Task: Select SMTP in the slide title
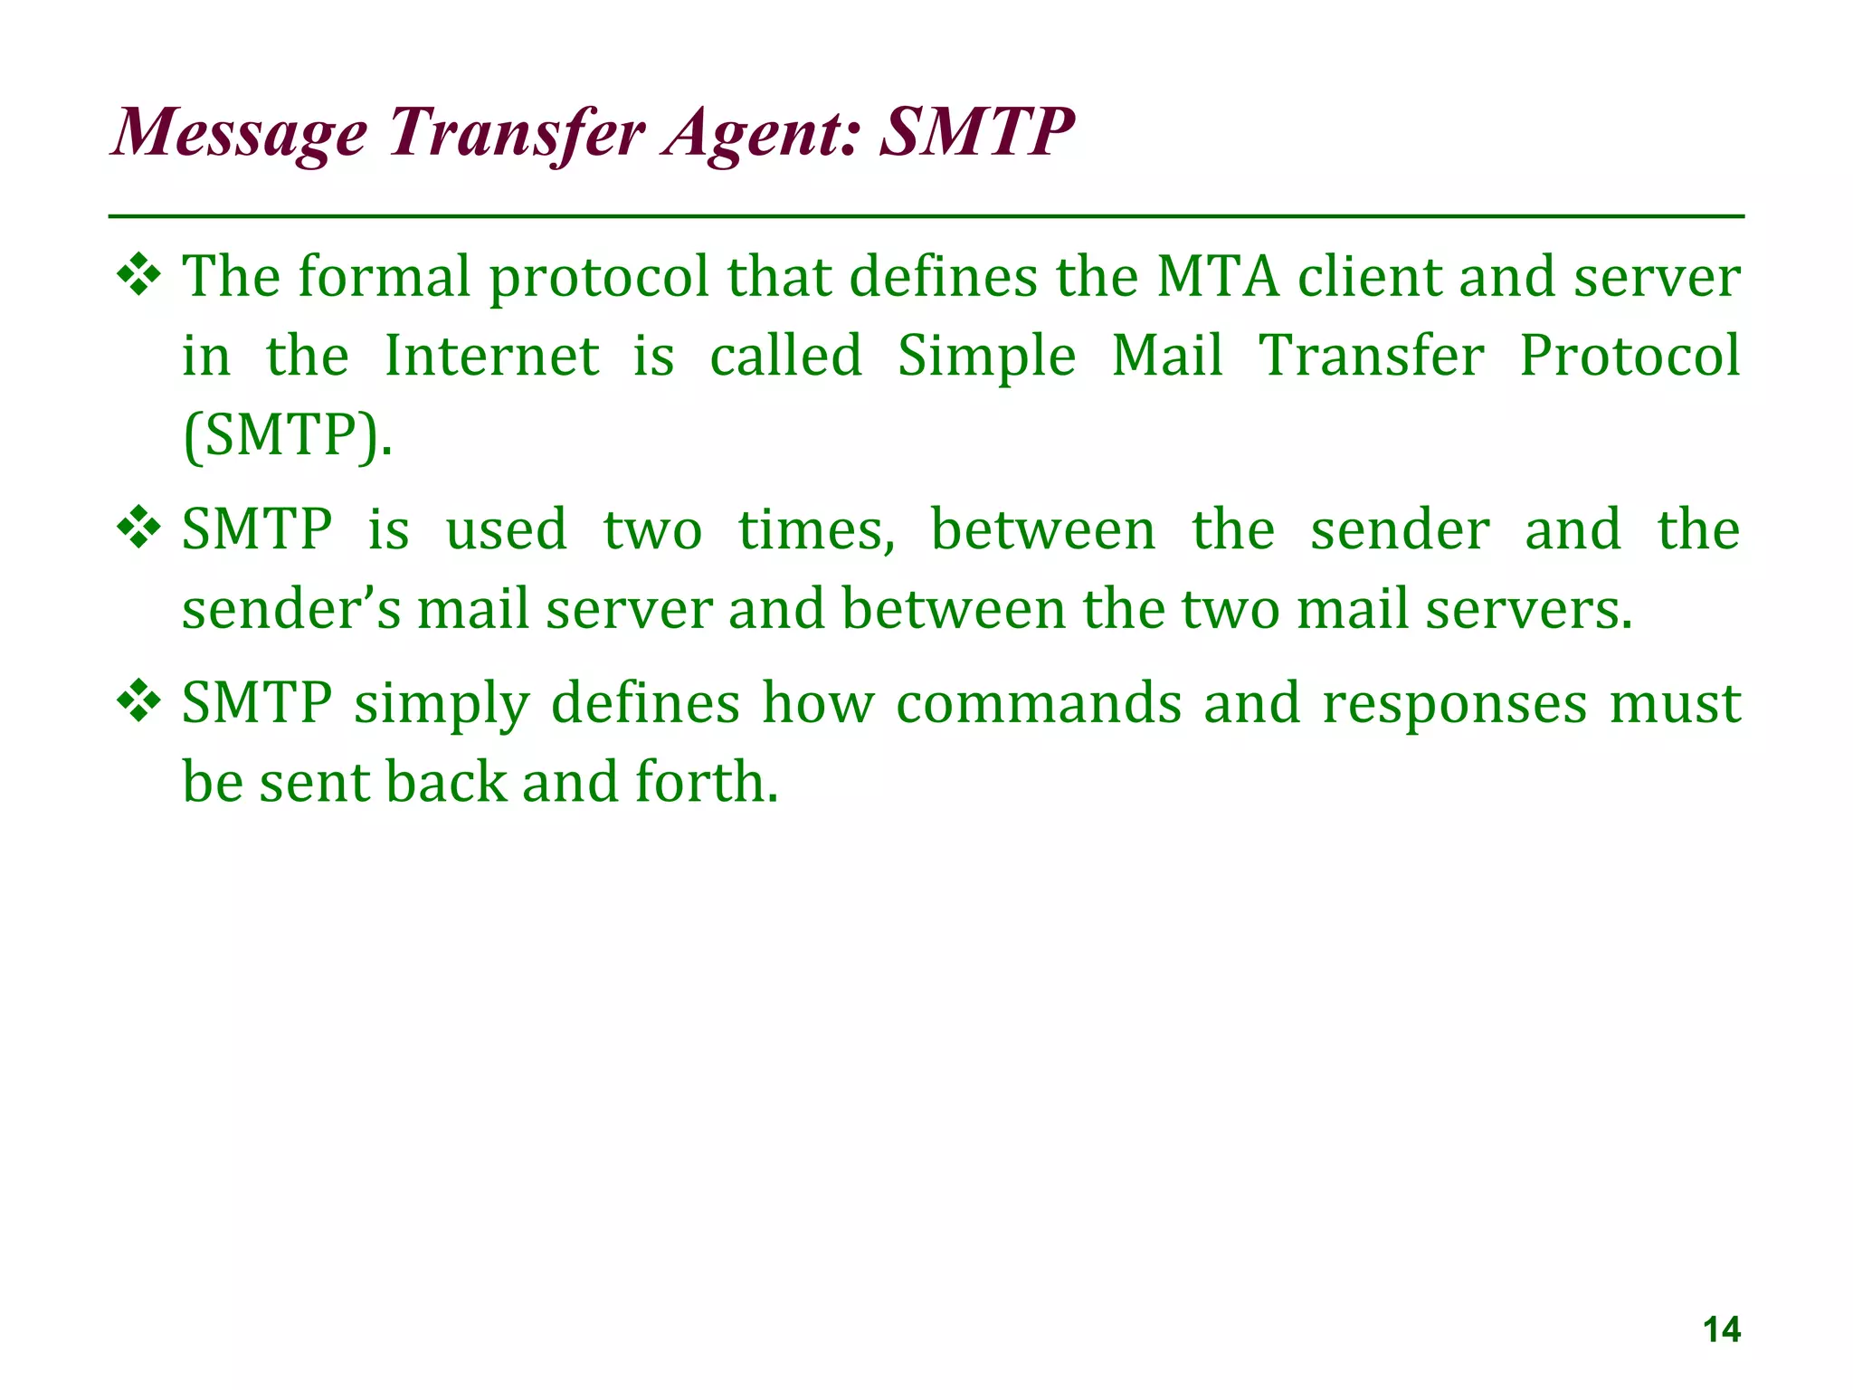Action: click(x=977, y=132)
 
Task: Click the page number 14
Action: click(x=1721, y=1330)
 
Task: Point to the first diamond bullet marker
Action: click(x=139, y=277)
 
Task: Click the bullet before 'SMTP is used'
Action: click(x=139, y=530)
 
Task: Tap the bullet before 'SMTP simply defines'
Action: click(x=139, y=703)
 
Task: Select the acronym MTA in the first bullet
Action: click(x=1218, y=277)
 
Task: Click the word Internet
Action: click(x=491, y=356)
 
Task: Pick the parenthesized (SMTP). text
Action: click(x=288, y=435)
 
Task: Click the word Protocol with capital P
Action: click(x=1629, y=356)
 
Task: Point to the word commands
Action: click(x=1039, y=703)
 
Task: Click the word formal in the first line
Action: click(x=385, y=277)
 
